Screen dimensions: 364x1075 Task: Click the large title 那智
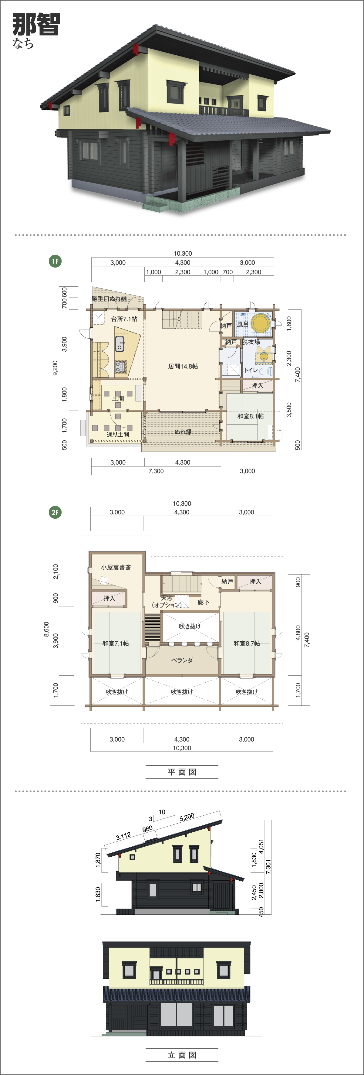[36, 24]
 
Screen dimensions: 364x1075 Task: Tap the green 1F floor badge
[55, 261]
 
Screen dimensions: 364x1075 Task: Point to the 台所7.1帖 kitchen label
[124, 319]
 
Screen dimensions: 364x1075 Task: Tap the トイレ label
[251, 370]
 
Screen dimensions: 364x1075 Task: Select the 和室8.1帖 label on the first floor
[251, 416]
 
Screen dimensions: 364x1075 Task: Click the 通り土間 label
[118, 435]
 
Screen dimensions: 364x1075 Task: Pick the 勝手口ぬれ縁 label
[109, 299]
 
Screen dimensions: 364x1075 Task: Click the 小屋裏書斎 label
[116, 568]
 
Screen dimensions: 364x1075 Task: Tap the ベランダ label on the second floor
[182, 660]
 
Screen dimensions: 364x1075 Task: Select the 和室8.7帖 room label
[247, 643]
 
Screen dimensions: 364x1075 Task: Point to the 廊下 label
[204, 602]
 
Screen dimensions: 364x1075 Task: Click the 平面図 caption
[182, 772]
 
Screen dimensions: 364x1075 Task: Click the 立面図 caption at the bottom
[182, 1055]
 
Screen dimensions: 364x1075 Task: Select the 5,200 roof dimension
[187, 817]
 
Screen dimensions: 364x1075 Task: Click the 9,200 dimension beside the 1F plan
[55, 368]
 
